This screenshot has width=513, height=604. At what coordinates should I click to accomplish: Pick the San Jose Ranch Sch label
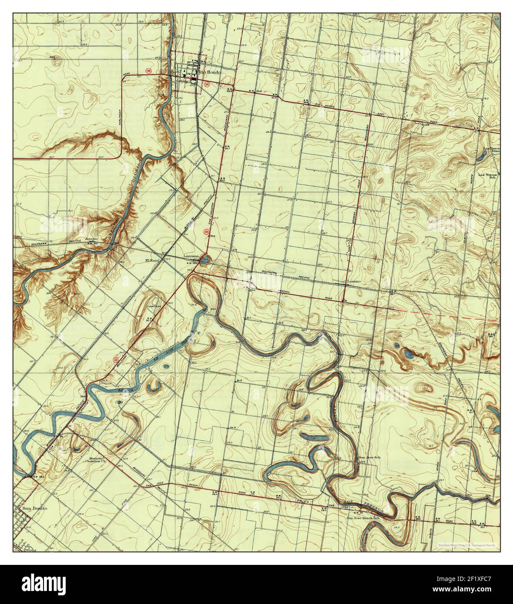[x=363, y=518]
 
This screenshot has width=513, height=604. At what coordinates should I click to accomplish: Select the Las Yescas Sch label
[x=488, y=176]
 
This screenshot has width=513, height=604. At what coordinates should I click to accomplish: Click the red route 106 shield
[x=149, y=70]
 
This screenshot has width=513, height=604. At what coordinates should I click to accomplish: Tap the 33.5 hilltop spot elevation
[x=52, y=57]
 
